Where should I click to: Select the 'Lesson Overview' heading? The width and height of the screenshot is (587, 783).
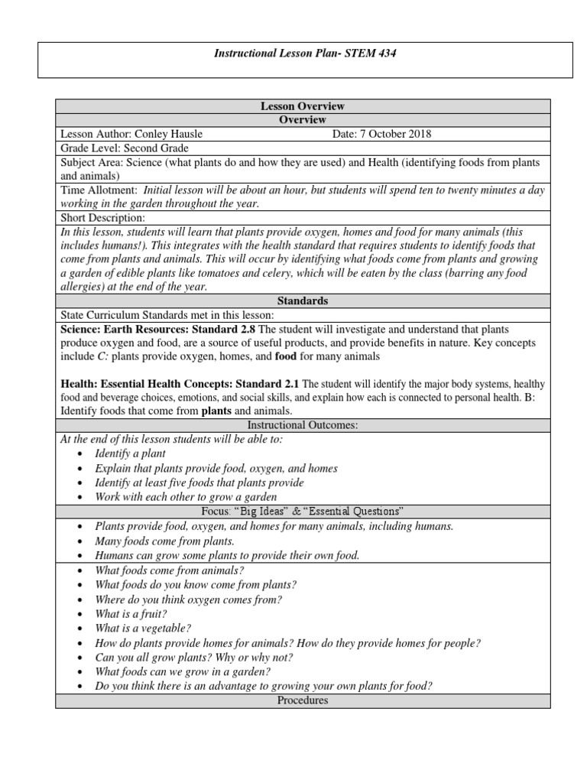[303, 106]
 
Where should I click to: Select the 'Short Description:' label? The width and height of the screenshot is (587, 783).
[102, 218]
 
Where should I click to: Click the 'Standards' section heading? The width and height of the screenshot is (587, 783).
[303, 301]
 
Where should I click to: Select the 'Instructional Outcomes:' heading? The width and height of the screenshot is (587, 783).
[303, 424]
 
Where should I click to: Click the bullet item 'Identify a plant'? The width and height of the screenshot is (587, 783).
[130, 453]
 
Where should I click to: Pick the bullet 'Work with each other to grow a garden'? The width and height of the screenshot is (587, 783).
[186, 496]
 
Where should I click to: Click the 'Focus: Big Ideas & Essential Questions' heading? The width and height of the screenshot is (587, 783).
[303, 511]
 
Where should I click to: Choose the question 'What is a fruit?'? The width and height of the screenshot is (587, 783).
[131, 613]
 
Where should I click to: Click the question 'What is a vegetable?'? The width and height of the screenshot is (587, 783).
[141, 628]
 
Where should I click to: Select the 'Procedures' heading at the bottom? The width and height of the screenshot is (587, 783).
[303, 700]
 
